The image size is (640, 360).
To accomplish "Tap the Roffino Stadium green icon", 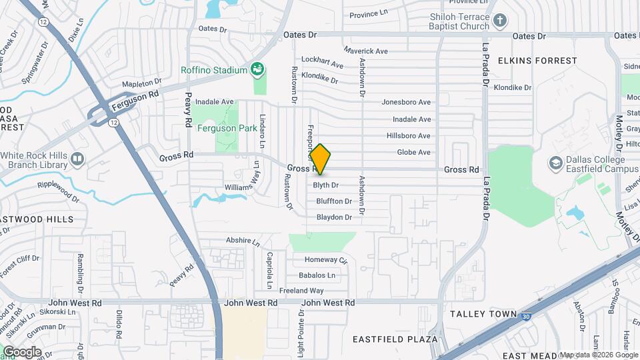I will click(257, 69).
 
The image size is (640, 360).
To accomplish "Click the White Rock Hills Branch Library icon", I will click(77, 159).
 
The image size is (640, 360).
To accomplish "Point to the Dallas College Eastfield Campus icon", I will click(554, 163).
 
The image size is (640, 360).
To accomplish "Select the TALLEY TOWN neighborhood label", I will click(483, 313).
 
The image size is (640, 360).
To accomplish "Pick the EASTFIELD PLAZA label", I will click(395, 339).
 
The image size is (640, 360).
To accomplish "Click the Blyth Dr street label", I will click(326, 185).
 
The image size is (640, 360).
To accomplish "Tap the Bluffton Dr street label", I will click(334, 201).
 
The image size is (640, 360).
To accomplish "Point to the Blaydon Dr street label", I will click(334, 217).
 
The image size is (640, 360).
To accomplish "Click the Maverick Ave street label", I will click(365, 51).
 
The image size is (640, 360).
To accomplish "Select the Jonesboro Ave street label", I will click(406, 103).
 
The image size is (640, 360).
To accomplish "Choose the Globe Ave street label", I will click(413, 153).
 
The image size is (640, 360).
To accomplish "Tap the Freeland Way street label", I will click(301, 291).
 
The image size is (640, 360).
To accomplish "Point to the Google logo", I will click(22, 351).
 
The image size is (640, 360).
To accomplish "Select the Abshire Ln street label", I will click(242, 240).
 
